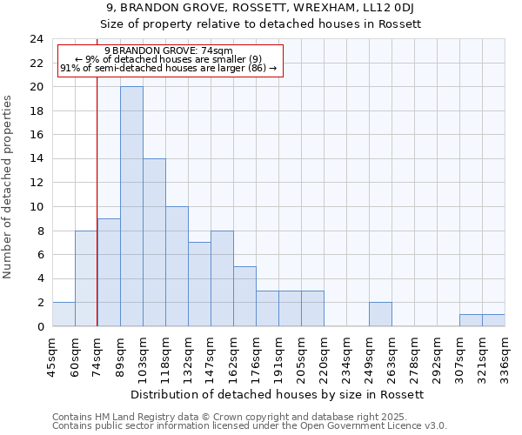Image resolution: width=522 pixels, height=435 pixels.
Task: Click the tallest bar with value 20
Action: click(x=131, y=206)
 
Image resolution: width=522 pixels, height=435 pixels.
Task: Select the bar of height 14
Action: click(x=154, y=242)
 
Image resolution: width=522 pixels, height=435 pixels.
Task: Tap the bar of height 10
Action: click(x=177, y=266)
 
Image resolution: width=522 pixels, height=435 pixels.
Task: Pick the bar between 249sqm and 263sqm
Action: click(x=380, y=314)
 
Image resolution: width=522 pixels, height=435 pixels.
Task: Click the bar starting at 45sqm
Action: click(x=64, y=314)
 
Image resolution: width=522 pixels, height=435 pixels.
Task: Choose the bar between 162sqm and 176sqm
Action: click(x=244, y=296)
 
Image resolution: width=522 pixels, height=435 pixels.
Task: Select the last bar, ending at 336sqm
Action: click(x=493, y=320)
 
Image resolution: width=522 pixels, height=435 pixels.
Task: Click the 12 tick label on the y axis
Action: click(x=37, y=183)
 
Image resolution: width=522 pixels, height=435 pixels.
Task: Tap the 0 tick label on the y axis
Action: click(x=40, y=327)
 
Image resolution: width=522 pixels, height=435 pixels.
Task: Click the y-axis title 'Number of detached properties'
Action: click(x=8, y=187)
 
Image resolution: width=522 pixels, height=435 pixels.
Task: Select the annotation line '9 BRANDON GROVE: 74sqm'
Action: click(x=168, y=50)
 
